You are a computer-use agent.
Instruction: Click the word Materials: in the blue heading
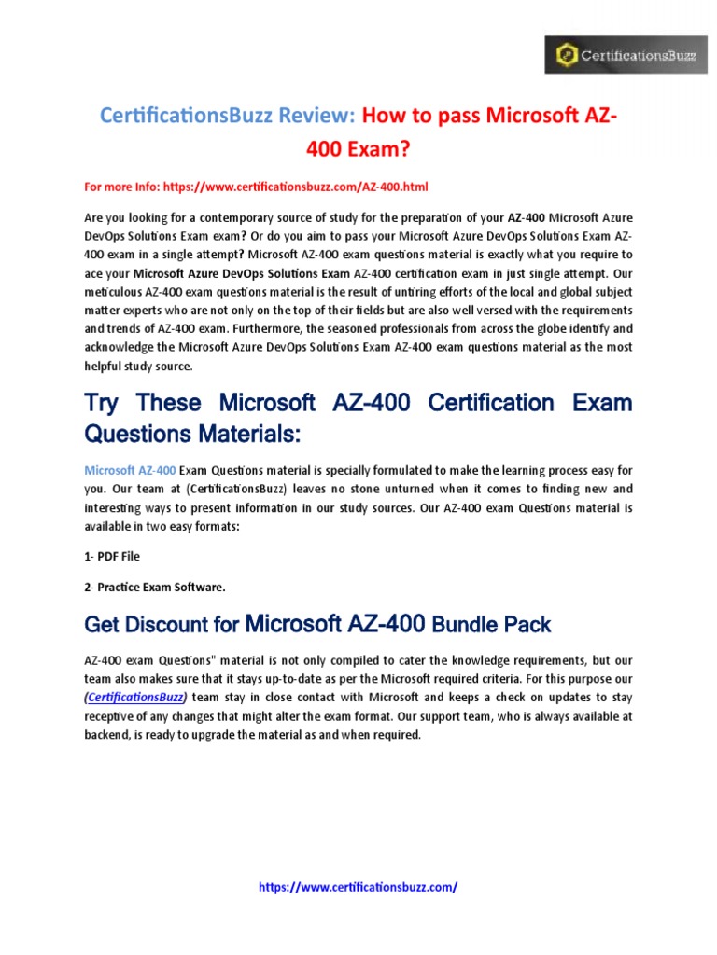(247, 435)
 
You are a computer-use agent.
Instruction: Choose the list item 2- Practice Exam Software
(155, 587)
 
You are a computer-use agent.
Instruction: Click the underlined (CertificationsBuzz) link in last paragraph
(135, 697)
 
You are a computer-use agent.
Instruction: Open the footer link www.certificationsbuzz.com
(358, 887)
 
